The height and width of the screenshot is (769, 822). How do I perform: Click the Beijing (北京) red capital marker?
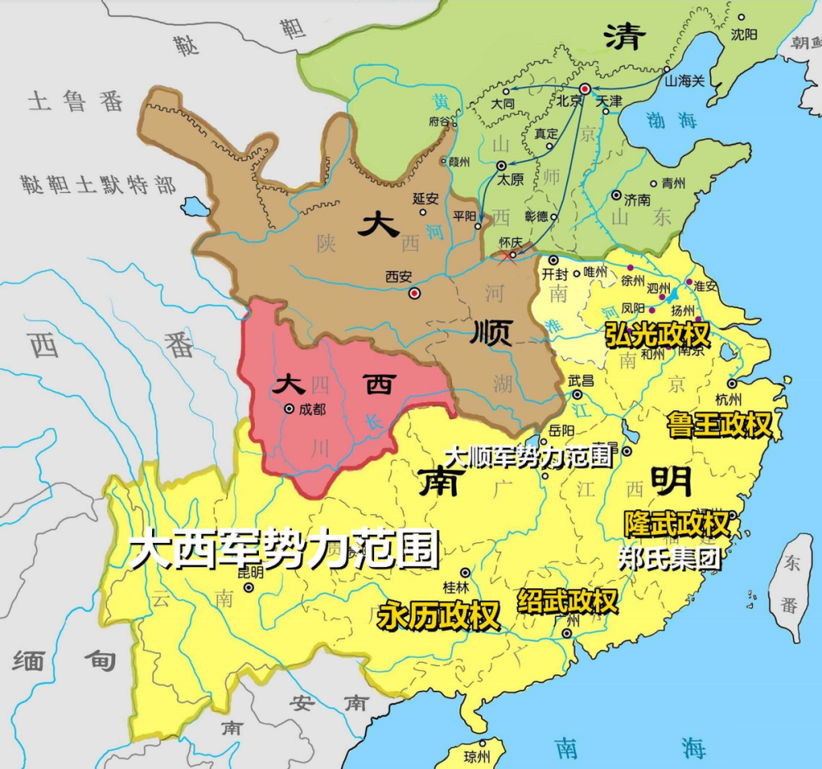[584, 88]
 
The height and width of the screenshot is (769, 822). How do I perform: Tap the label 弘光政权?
[657, 333]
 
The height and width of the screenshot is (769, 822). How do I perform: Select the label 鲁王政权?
[721, 424]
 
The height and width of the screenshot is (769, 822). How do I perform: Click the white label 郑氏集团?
[669, 558]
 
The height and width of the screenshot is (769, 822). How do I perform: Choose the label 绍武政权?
[567, 601]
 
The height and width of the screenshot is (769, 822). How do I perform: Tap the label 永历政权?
[439, 615]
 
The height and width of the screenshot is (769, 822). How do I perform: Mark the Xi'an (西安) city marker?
[415, 292]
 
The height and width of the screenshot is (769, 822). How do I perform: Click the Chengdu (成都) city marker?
[289, 408]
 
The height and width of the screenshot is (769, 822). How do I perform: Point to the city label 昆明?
[252, 573]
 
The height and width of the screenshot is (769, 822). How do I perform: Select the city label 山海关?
[684, 81]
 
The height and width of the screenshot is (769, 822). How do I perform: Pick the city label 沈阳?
[745, 34]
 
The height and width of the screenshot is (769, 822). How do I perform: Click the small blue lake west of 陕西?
[195, 206]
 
